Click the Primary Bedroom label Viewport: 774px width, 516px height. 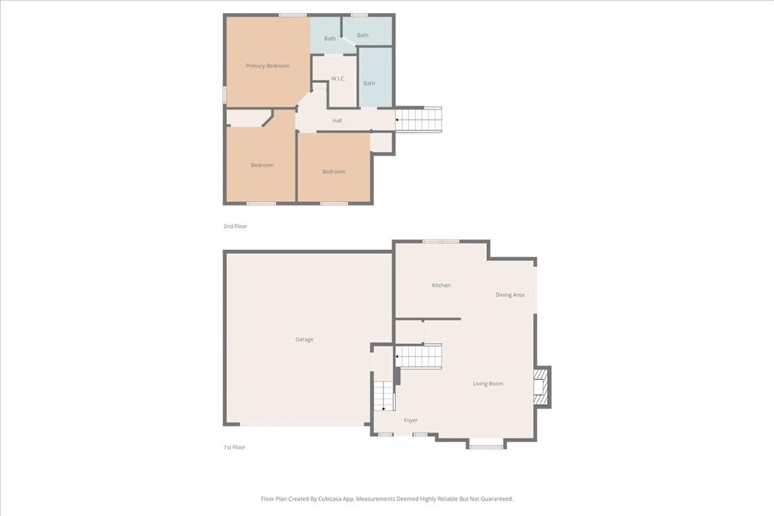click(268, 66)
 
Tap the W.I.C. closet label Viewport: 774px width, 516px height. click(338, 79)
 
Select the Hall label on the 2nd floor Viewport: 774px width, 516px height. click(337, 120)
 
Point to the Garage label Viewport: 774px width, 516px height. click(304, 339)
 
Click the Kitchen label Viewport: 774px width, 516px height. click(441, 285)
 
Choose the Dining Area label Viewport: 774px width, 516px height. click(510, 295)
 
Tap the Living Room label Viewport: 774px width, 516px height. click(488, 383)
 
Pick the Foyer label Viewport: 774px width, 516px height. click(410, 420)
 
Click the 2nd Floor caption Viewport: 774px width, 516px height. click(235, 226)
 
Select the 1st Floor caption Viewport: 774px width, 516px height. click(234, 447)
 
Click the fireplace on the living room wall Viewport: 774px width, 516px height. click(542, 386)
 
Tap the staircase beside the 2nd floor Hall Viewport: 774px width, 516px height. click(419, 120)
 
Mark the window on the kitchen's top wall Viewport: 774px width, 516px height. click(441, 241)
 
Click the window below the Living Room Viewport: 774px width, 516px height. click(486, 447)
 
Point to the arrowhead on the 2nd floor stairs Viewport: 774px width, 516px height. click(398, 119)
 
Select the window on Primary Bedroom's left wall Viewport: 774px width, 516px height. click(224, 94)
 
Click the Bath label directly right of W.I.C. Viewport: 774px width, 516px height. click(369, 83)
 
